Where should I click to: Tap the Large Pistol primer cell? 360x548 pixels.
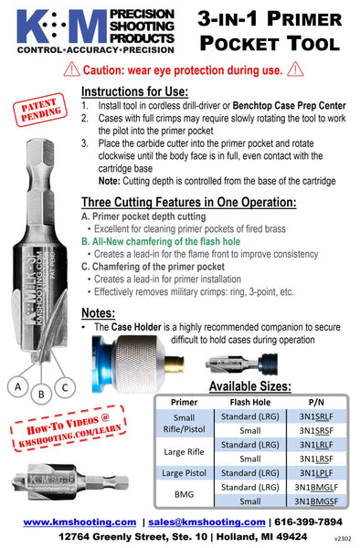pos(183,472)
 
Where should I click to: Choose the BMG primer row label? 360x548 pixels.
pos(183,494)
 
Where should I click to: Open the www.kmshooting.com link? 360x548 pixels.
pos(79,522)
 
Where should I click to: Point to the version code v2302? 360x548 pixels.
pos(341,539)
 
